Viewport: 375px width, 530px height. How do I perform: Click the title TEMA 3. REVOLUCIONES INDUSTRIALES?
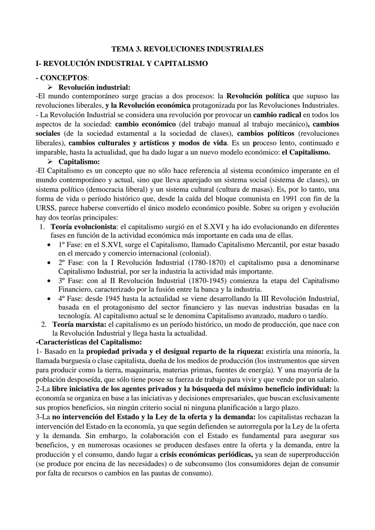coord(187,49)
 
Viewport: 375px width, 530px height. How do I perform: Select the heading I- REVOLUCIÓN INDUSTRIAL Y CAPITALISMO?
coord(122,64)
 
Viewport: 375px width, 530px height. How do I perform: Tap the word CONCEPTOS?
coord(64,78)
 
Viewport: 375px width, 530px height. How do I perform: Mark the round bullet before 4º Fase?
coord(50,298)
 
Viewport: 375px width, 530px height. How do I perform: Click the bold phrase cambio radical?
coord(277,115)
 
